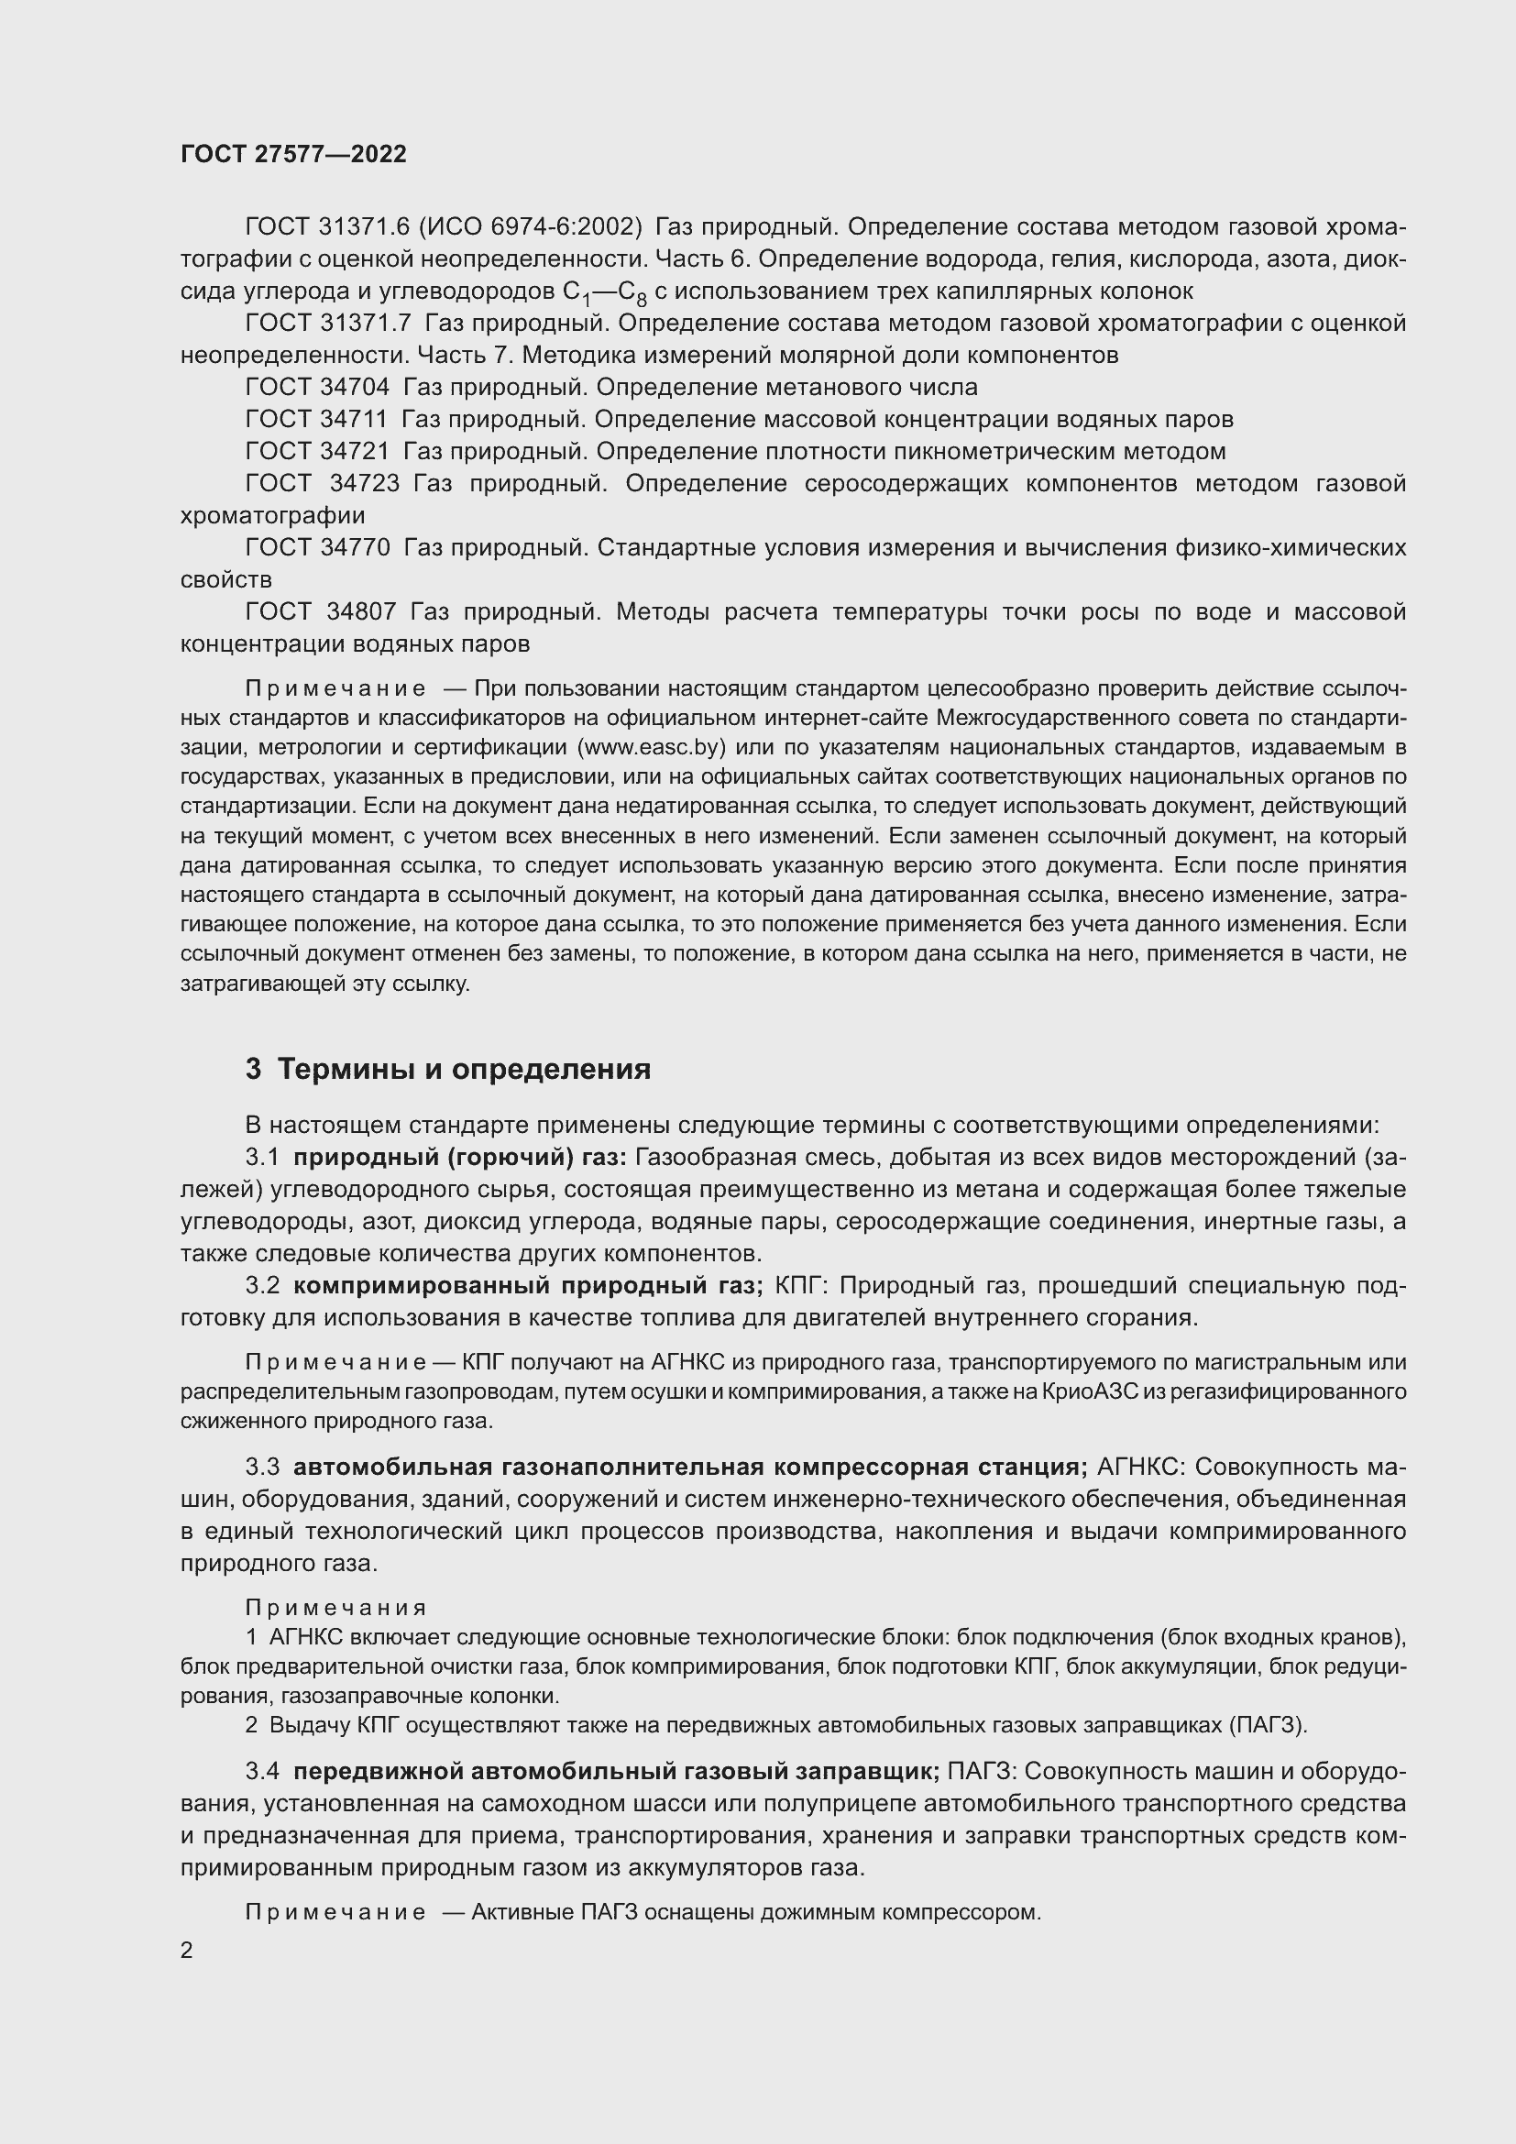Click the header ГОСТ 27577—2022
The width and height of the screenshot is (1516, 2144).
click(x=293, y=154)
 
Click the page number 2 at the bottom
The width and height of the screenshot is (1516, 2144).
click(x=187, y=1950)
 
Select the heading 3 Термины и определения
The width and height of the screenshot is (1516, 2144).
click(x=448, y=1069)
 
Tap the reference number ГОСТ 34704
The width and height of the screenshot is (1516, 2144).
click(x=317, y=387)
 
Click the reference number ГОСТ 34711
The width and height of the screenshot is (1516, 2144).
click(x=317, y=419)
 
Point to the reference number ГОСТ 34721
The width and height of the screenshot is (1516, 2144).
click(x=317, y=451)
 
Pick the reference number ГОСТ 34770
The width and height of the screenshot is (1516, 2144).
click(x=317, y=547)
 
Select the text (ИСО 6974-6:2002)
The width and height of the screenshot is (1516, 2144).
click(x=529, y=227)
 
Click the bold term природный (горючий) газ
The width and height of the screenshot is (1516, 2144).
click(x=460, y=1158)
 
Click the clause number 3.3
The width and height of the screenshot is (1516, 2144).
click(x=262, y=1467)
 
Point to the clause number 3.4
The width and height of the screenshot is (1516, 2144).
click(x=262, y=1772)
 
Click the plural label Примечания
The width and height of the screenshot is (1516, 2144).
click(x=336, y=1608)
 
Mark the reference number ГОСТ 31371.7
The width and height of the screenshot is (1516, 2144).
click(x=327, y=323)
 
